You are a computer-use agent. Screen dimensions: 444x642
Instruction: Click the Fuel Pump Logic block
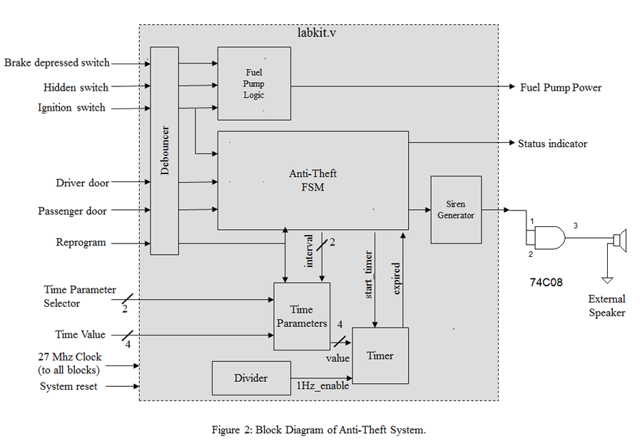[254, 84]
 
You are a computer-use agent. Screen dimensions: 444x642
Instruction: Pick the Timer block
[380, 355]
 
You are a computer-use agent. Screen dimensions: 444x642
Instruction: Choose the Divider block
[251, 378]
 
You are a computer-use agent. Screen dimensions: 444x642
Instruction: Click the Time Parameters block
[302, 316]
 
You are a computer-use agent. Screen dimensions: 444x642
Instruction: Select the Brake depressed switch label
[56, 63]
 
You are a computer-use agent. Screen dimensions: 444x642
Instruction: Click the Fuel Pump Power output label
[561, 88]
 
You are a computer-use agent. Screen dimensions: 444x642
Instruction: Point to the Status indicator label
[552, 143]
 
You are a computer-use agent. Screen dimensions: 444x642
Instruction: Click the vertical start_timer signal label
[369, 275]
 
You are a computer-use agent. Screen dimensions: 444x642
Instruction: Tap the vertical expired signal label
[397, 278]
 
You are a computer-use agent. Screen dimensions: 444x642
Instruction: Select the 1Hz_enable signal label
[323, 386]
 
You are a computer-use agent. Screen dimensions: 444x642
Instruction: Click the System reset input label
[68, 386]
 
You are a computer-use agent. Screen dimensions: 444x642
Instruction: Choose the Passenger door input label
[72, 211]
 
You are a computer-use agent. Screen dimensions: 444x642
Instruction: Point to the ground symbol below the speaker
[607, 279]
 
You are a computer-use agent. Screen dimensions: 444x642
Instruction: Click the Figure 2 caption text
[318, 429]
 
